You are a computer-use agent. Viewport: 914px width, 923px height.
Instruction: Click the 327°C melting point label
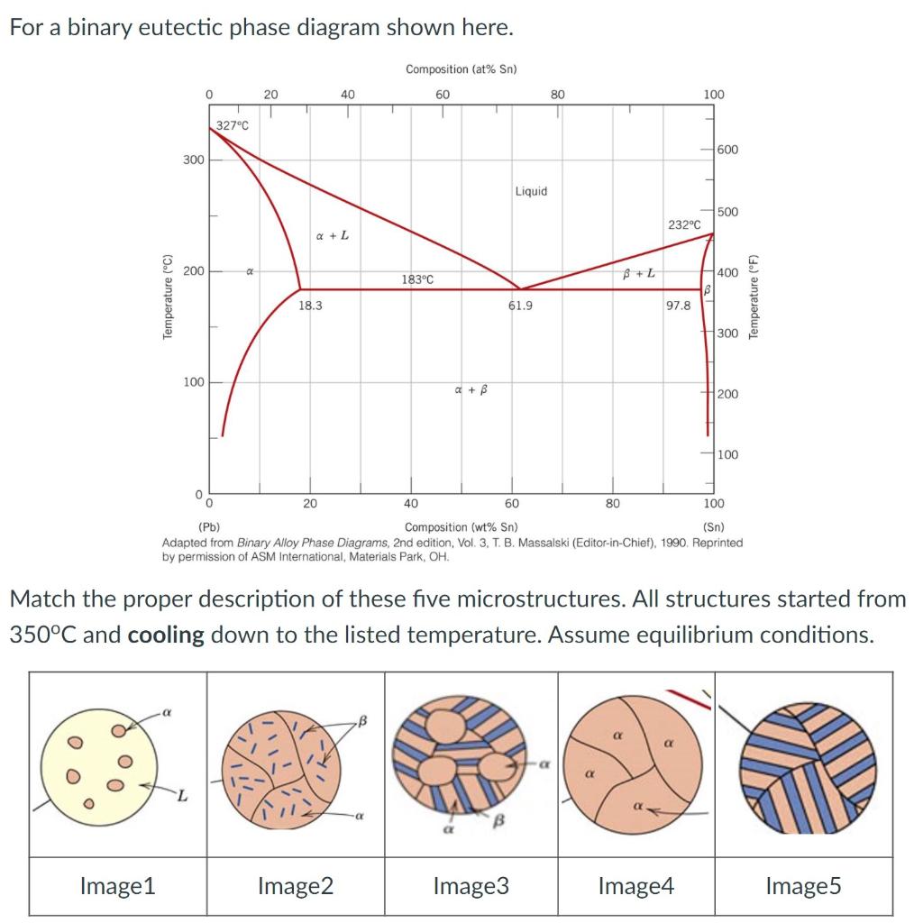point(232,126)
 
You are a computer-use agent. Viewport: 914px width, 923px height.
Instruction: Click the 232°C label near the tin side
point(684,224)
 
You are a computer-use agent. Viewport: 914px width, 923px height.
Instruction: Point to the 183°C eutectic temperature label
point(417,279)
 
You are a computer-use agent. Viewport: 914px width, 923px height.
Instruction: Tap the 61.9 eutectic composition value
point(520,306)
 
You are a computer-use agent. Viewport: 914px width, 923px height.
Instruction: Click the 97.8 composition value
point(679,306)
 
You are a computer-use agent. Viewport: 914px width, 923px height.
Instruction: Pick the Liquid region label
point(531,191)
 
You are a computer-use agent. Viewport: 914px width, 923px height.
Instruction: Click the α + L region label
point(333,236)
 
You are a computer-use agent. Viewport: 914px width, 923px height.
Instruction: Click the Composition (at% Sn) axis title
point(461,69)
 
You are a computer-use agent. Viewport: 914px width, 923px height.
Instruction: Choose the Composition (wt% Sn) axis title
point(461,527)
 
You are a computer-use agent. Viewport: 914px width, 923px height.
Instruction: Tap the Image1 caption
point(117,886)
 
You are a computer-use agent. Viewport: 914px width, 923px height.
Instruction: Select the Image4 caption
point(635,886)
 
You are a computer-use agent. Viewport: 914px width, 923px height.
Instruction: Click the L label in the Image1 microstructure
point(182,795)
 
